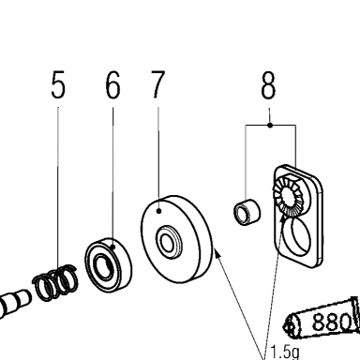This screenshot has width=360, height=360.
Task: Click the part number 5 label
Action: [x=58, y=84]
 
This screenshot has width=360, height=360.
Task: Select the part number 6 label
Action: [x=112, y=84]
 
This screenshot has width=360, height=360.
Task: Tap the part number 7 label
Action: [x=157, y=84]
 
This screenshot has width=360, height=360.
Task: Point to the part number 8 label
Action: [x=268, y=84]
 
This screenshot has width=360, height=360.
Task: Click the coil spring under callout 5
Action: [x=55, y=282]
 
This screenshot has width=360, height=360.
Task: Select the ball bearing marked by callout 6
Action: [x=109, y=265]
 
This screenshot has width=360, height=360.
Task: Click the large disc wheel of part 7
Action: [x=177, y=239]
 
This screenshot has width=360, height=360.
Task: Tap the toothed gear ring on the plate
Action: [x=288, y=196]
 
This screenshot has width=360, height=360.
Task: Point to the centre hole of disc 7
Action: [x=167, y=242]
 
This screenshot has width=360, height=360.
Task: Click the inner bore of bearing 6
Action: [x=102, y=267]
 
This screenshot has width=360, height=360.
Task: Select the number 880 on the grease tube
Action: [x=332, y=322]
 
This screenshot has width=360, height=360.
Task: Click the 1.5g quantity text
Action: [x=285, y=352]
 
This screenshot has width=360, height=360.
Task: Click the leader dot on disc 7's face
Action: [x=158, y=212]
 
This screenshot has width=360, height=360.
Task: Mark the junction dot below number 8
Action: [x=270, y=126]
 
